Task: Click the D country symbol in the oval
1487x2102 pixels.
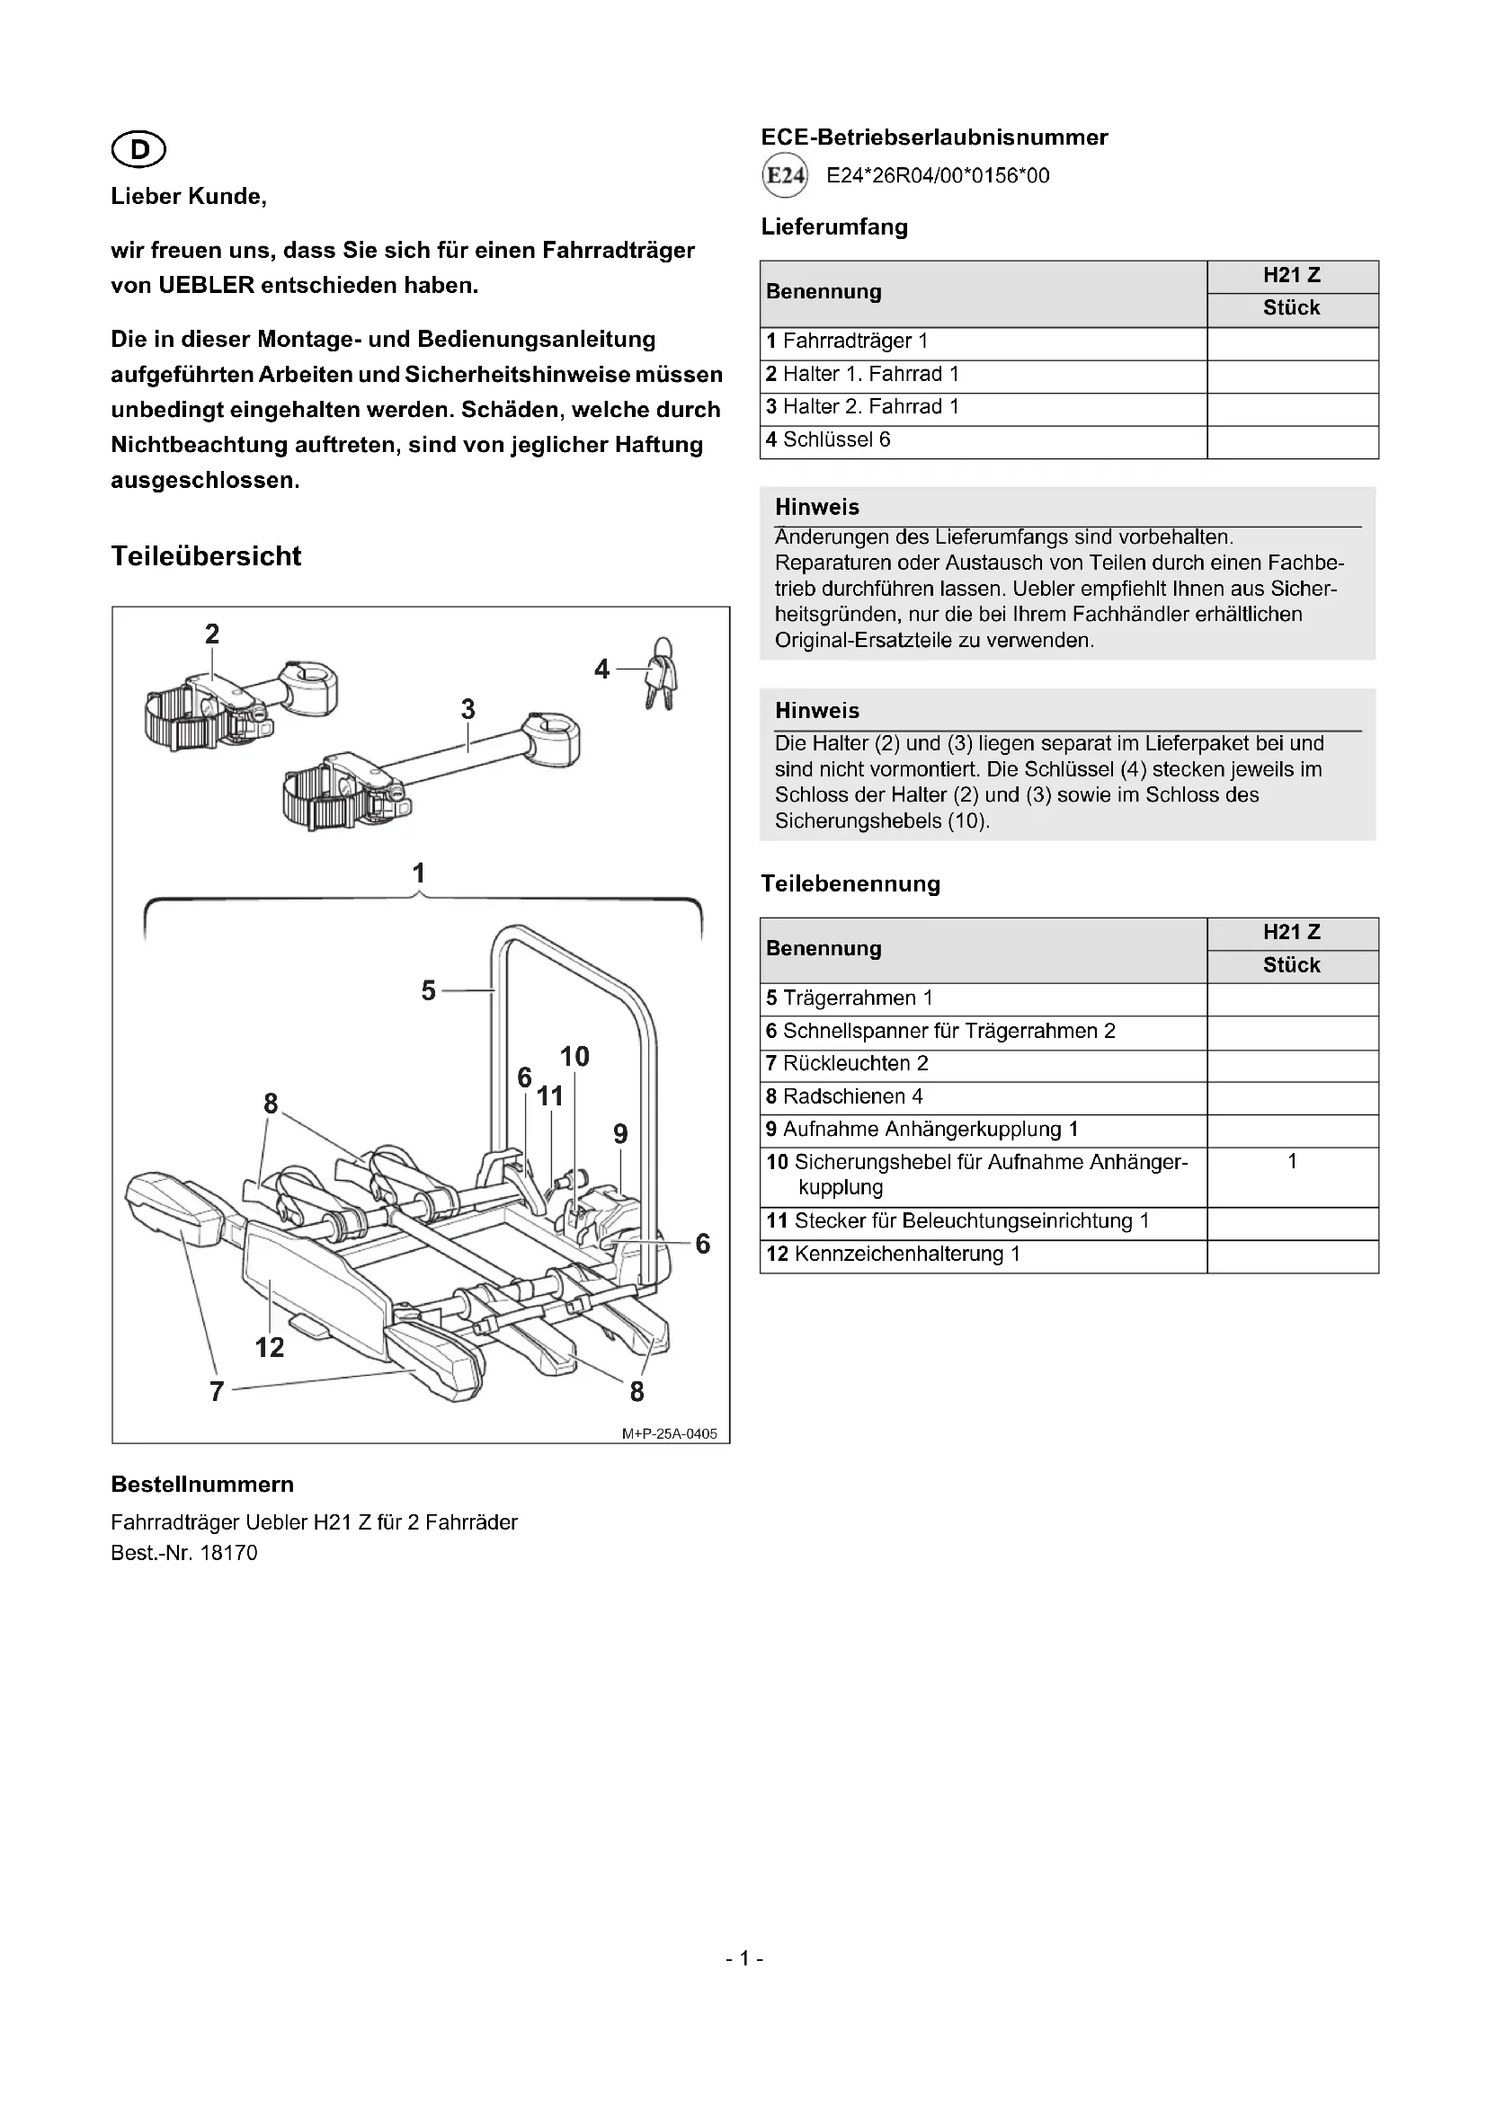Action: click(138, 149)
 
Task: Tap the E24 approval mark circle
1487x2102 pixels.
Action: click(785, 176)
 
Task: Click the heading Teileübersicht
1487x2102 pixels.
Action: click(206, 555)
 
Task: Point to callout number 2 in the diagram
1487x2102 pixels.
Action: click(212, 634)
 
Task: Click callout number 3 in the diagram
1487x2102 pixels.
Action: click(467, 708)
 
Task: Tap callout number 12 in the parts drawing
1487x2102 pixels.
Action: click(269, 1347)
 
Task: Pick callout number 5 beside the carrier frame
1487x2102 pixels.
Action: click(429, 990)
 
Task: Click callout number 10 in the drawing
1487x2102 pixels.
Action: click(574, 1057)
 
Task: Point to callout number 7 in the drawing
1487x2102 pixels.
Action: click(217, 1391)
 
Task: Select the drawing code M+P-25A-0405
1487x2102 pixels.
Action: click(670, 1433)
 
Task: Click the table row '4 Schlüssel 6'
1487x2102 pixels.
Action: click(828, 440)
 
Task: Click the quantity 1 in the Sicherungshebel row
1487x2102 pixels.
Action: click(1292, 1162)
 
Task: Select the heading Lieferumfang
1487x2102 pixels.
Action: click(834, 227)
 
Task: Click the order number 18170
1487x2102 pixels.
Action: click(228, 1553)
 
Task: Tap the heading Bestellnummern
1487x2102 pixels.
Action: click(202, 1485)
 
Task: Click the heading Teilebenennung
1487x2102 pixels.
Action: click(850, 884)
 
